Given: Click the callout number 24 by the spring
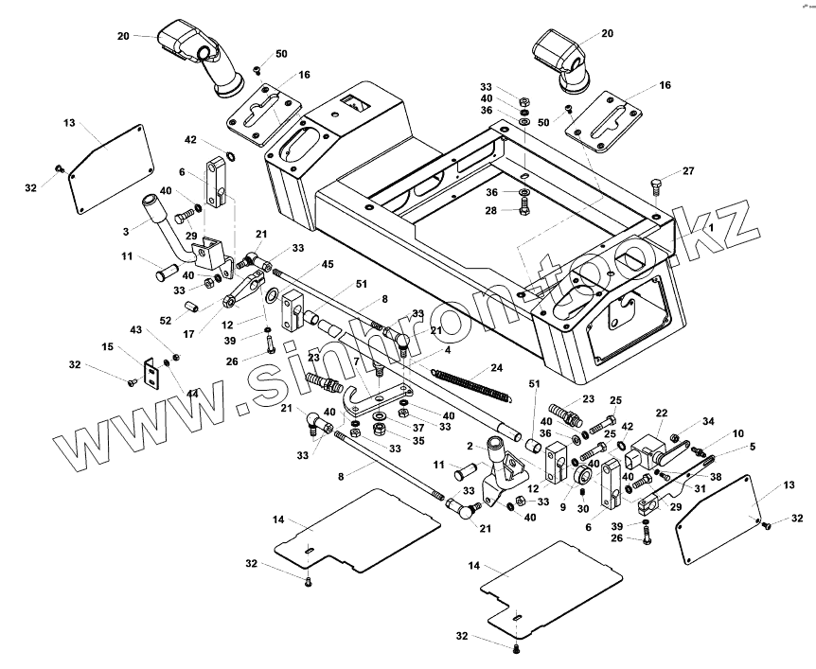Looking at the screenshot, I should pos(497,368).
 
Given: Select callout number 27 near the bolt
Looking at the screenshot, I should pos(688,171).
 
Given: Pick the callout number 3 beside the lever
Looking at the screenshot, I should pos(127,230).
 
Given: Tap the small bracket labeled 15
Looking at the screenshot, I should pos(151,373).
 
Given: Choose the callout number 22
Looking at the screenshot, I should pos(662,413).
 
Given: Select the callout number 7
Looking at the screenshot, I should pos(355,360).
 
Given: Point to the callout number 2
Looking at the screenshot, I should pos(470,445).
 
